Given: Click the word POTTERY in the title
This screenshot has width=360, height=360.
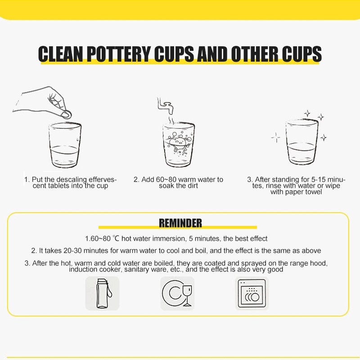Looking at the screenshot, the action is tap(118, 54).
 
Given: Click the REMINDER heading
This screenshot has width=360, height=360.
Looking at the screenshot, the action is tap(180, 223).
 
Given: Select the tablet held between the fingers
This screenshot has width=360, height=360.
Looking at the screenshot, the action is tap(67, 114).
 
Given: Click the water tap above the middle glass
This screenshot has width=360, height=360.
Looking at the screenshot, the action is tap(165, 106).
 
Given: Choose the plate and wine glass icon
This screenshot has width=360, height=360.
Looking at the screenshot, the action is tap(177, 293).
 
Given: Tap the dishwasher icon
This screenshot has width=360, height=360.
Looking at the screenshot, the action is tap(252, 293).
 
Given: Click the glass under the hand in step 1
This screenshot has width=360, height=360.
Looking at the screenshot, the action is tap(65, 145).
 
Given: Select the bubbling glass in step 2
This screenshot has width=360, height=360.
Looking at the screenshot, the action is tap(178, 144).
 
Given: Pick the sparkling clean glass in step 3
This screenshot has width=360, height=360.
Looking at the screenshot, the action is tap(302, 142).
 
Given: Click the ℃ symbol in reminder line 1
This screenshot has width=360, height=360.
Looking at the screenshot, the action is tap(116, 238).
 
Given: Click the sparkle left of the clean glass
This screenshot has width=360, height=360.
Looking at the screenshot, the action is tap(276, 138).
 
